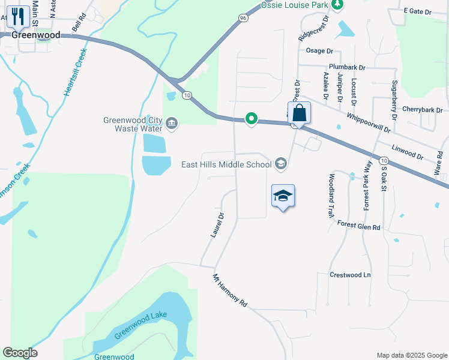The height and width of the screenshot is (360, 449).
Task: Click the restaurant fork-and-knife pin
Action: [19, 17]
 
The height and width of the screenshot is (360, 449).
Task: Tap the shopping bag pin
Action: [299, 113]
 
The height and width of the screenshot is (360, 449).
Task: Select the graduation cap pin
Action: [283, 196]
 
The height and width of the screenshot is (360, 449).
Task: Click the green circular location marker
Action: [252, 119]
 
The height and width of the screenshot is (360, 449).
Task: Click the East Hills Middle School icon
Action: [280, 164]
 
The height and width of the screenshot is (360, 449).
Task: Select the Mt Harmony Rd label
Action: [230, 291]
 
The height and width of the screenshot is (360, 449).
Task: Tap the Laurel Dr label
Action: [217, 225]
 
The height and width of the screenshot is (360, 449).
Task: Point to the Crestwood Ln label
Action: [351, 275]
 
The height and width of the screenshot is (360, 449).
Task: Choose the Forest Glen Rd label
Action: [359, 226]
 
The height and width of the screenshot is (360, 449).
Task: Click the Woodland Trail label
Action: [331, 196]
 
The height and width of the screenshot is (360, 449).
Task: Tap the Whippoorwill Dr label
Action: [369, 122]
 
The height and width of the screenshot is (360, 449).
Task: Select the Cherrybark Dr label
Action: [422, 110]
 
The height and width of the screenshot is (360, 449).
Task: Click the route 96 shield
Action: [243, 18]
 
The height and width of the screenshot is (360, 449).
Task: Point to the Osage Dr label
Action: [319, 51]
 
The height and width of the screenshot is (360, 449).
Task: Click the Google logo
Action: [20, 353]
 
